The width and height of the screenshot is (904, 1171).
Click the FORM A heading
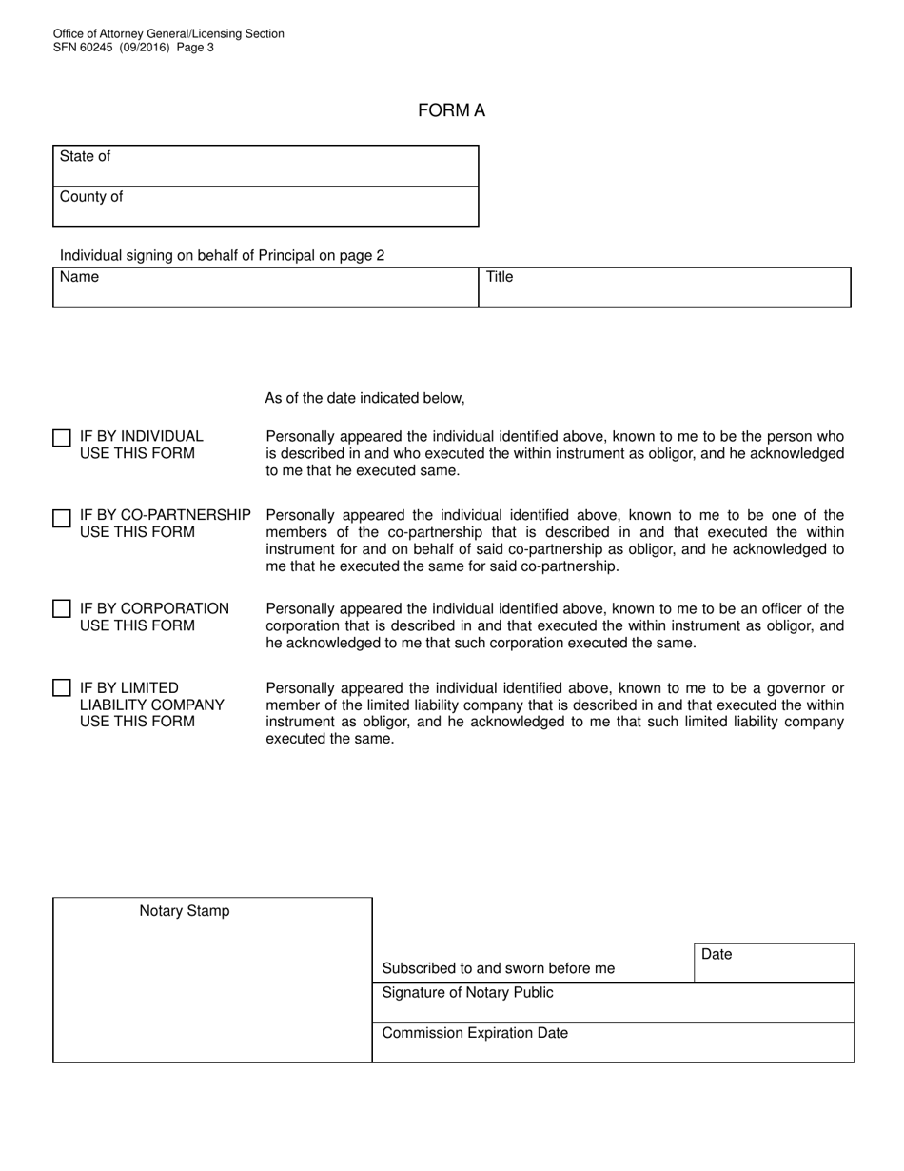coord(451,110)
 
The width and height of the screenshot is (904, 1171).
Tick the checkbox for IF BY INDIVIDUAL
coord(62,438)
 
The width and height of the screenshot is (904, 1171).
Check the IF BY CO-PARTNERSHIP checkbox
coord(62,518)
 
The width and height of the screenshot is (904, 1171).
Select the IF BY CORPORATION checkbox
coord(62,608)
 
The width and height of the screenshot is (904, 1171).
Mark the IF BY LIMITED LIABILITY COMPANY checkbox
coord(62,687)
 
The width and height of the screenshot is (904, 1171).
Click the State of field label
coord(85,156)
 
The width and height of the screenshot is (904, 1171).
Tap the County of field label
coord(91,197)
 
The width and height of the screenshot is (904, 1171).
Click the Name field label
coord(79,277)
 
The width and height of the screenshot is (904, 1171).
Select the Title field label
coord(500,277)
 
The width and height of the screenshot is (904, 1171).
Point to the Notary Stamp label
coord(185,911)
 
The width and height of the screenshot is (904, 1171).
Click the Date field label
coord(717,954)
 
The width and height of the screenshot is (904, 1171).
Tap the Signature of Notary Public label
coord(467,993)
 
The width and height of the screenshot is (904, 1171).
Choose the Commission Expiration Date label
coord(475,1033)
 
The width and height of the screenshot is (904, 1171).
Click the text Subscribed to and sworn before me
coord(498,968)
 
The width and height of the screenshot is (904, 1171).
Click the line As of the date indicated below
coord(364,398)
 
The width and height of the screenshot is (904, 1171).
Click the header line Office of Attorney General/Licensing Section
coord(168,33)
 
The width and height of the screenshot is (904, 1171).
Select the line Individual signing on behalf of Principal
coord(222,255)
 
